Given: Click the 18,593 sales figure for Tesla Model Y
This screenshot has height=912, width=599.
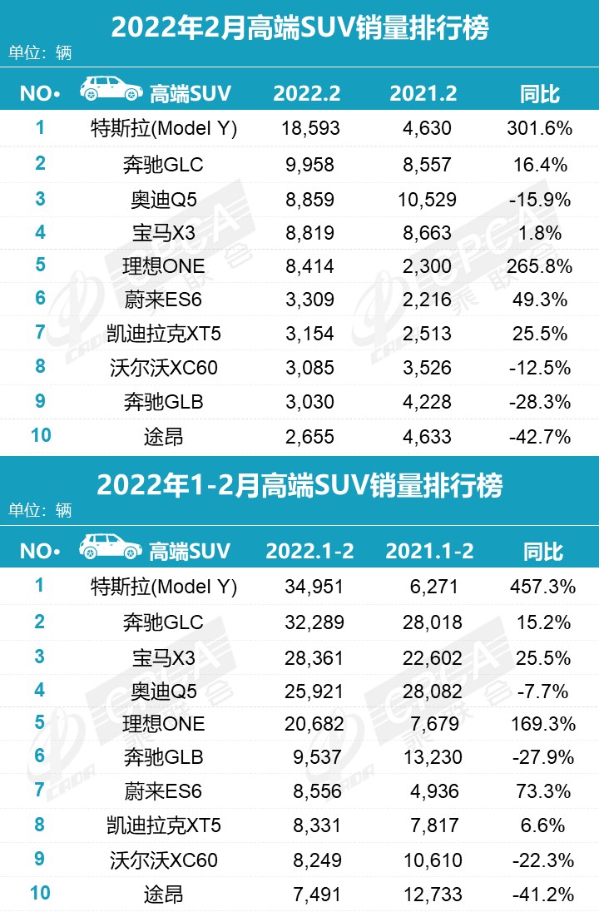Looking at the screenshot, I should click(x=307, y=129).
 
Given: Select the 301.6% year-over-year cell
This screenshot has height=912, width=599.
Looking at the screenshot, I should click(x=540, y=129).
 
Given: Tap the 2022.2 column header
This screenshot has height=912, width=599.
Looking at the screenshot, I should click(x=307, y=93).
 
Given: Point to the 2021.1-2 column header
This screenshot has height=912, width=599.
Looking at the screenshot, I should click(x=429, y=551).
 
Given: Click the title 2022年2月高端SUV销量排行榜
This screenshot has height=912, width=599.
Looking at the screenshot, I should click(x=299, y=28).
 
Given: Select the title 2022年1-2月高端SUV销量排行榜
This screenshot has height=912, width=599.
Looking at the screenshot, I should click(x=299, y=484).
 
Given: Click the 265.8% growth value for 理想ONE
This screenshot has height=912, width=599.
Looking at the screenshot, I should click(x=540, y=266).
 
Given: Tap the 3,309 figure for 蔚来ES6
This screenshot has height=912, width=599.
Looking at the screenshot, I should click(x=307, y=300).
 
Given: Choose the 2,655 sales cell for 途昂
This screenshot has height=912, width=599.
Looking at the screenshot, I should click(x=307, y=437).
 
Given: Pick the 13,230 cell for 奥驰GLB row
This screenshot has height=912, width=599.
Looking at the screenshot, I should click(x=429, y=757).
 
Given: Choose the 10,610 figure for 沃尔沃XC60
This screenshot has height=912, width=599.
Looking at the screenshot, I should click(x=429, y=860).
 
